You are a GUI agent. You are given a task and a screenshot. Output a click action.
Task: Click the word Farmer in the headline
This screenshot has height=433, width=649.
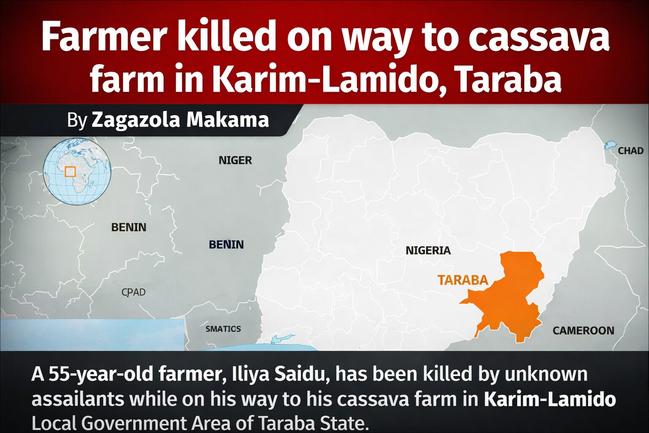103,37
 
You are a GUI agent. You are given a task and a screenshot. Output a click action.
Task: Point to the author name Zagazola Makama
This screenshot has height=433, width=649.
180,120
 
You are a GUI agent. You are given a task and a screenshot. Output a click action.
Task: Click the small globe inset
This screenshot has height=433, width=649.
77,171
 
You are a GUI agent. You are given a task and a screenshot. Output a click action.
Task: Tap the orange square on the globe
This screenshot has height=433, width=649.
70,171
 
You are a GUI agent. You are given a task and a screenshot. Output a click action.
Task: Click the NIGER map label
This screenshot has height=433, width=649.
235,161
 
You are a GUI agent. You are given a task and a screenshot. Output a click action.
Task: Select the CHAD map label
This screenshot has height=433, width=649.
630,151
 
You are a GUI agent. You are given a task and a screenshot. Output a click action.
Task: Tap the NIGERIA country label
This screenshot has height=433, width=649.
428,251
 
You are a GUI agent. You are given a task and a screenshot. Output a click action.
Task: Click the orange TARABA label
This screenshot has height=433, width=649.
463,280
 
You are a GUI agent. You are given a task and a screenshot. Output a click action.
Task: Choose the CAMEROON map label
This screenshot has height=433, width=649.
583,330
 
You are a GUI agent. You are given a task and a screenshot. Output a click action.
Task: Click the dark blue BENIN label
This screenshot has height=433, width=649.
226,245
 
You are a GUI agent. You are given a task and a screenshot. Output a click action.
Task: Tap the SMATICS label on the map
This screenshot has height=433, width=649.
223,329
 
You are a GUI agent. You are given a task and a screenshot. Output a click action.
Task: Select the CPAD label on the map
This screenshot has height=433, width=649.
133,292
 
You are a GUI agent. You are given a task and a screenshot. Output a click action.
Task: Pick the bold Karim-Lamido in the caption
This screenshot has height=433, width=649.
549,399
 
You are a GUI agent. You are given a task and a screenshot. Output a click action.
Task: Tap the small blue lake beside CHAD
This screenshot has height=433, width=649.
610,145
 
